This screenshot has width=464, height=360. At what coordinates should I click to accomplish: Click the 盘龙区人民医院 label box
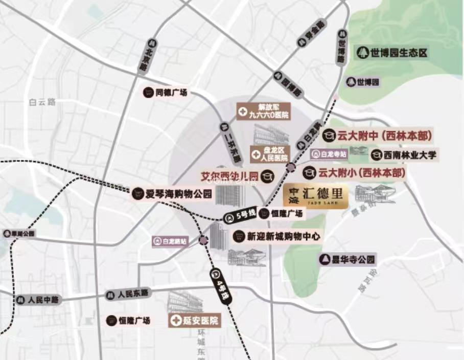[x=270, y=153]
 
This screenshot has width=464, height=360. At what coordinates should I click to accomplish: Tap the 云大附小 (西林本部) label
[x=355, y=172]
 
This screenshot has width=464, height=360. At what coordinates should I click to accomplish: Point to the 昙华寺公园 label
[x=347, y=259]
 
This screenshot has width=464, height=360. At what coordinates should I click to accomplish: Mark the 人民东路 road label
[x=128, y=295]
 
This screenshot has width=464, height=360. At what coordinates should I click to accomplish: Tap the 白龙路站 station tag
[x=171, y=240]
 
